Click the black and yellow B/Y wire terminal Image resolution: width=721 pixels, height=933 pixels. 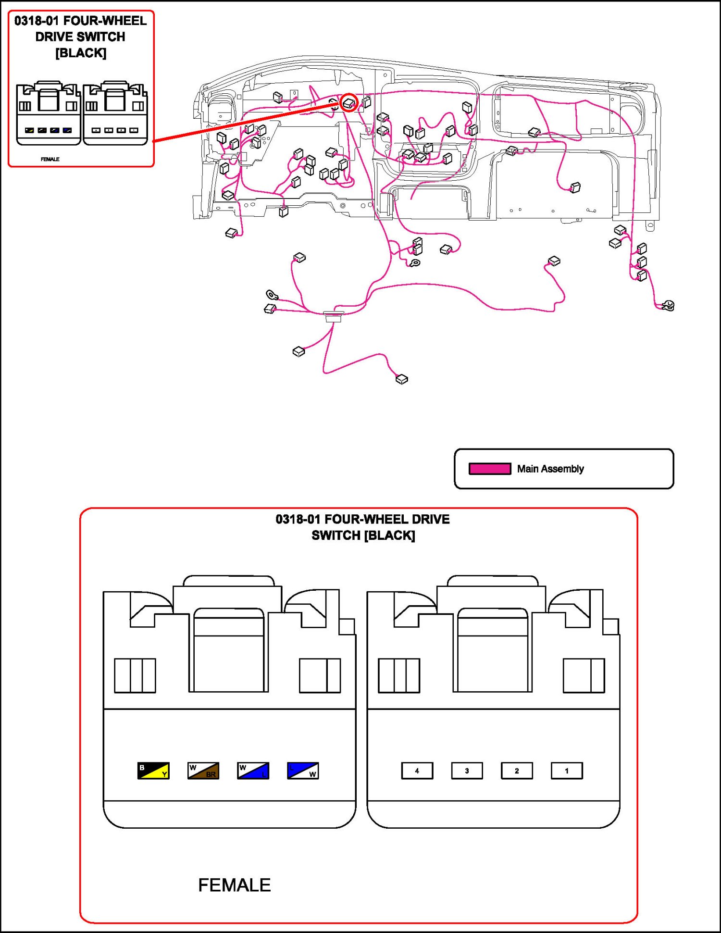click(153, 771)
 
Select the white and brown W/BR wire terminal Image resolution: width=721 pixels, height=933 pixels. click(203, 771)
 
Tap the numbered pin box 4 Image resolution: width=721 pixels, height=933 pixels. click(417, 771)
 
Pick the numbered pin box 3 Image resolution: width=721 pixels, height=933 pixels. click(467, 771)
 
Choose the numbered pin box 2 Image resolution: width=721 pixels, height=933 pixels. click(517, 771)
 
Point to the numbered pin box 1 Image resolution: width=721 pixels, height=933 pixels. click(567, 771)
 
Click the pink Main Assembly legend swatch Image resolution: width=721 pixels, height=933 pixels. click(490, 469)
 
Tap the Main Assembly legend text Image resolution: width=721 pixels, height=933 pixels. click(550, 469)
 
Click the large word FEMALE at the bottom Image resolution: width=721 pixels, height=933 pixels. click(235, 885)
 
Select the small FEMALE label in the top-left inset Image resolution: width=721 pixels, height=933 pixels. click(50, 159)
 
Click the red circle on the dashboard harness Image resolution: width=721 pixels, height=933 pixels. click(349, 102)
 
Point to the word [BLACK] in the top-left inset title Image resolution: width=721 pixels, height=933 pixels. click(81, 53)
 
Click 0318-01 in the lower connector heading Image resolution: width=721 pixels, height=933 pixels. click(298, 519)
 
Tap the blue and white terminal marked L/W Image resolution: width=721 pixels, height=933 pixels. click(303, 771)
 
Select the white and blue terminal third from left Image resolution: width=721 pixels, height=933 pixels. click(253, 771)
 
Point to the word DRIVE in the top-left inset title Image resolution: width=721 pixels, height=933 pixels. click(54, 37)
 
